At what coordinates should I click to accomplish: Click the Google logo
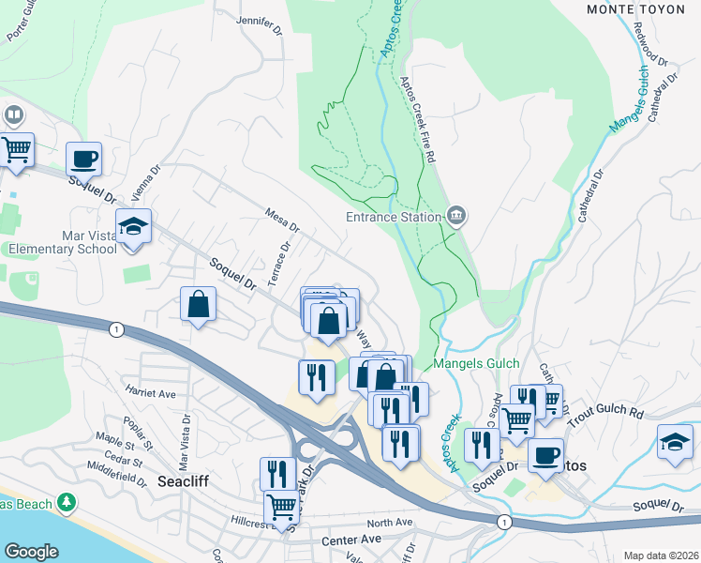click(31, 552)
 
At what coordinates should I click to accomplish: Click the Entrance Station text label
click(394, 218)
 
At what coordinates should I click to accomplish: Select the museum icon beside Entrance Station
click(455, 216)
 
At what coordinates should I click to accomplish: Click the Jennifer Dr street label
click(261, 24)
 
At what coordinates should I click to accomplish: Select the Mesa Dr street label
click(282, 221)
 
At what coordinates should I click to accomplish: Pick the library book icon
click(13, 116)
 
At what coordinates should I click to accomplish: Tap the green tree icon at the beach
click(66, 503)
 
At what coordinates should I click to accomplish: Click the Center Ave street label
click(351, 540)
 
